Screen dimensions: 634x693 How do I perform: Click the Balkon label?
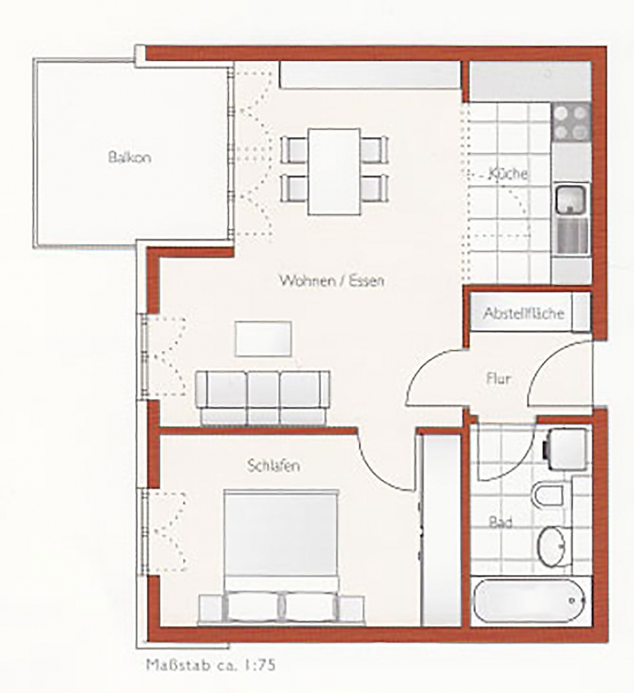pyautogui.click(x=130, y=157)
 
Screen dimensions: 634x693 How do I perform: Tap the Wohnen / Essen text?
pyautogui.click(x=332, y=280)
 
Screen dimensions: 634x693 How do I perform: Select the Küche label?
pyautogui.click(x=508, y=173)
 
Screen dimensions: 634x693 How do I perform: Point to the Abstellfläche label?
pyautogui.click(x=523, y=313)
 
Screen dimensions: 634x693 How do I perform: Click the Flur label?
pyautogui.click(x=498, y=379)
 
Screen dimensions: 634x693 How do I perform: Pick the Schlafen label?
pyautogui.click(x=274, y=466)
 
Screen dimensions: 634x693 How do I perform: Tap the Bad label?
pyautogui.click(x=500, y=523)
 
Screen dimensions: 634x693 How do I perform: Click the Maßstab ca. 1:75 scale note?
pyautogui.click(x=211, y=665)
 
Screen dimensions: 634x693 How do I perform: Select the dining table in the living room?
pyautogui.click(x=334, y=171)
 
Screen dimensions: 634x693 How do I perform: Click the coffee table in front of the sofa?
pyautogui.click(x=263, y=339)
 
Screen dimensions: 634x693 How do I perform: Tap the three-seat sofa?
pyautogui.click(x=263, y=398)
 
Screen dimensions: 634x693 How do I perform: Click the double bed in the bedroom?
pyautogui.click(x=281, y=557)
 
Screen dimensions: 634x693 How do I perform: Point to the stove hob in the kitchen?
pyautogui.click(x=570, y=122)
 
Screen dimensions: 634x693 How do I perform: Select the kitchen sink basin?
pyautogui.click(x=571, y=199)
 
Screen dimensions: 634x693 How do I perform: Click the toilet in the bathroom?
pyautogui.click(x=549, y=495)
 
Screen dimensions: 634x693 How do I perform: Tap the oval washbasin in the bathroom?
pyautogui.click(x=552, y=546)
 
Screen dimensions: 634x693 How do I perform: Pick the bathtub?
pyautogui.click(x=529, y=601)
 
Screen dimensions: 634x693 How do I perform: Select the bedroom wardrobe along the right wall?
pyautogui.click(x=441, y=530)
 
